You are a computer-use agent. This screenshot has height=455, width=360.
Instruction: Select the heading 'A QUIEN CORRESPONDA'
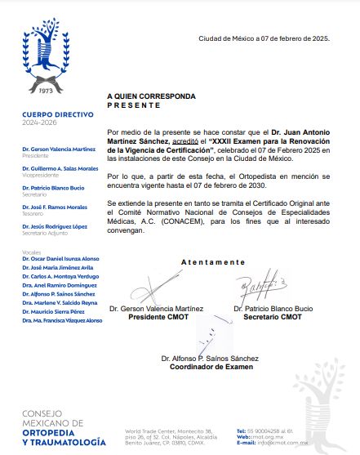151,96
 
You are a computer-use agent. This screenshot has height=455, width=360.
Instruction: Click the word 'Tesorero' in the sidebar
33,213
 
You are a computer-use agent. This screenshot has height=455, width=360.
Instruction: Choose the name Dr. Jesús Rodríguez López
55,226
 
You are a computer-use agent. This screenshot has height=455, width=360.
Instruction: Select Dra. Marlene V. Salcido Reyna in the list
60,302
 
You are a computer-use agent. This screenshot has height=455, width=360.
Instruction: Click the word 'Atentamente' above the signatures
212,262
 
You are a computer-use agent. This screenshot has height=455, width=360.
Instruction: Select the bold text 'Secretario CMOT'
273,316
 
